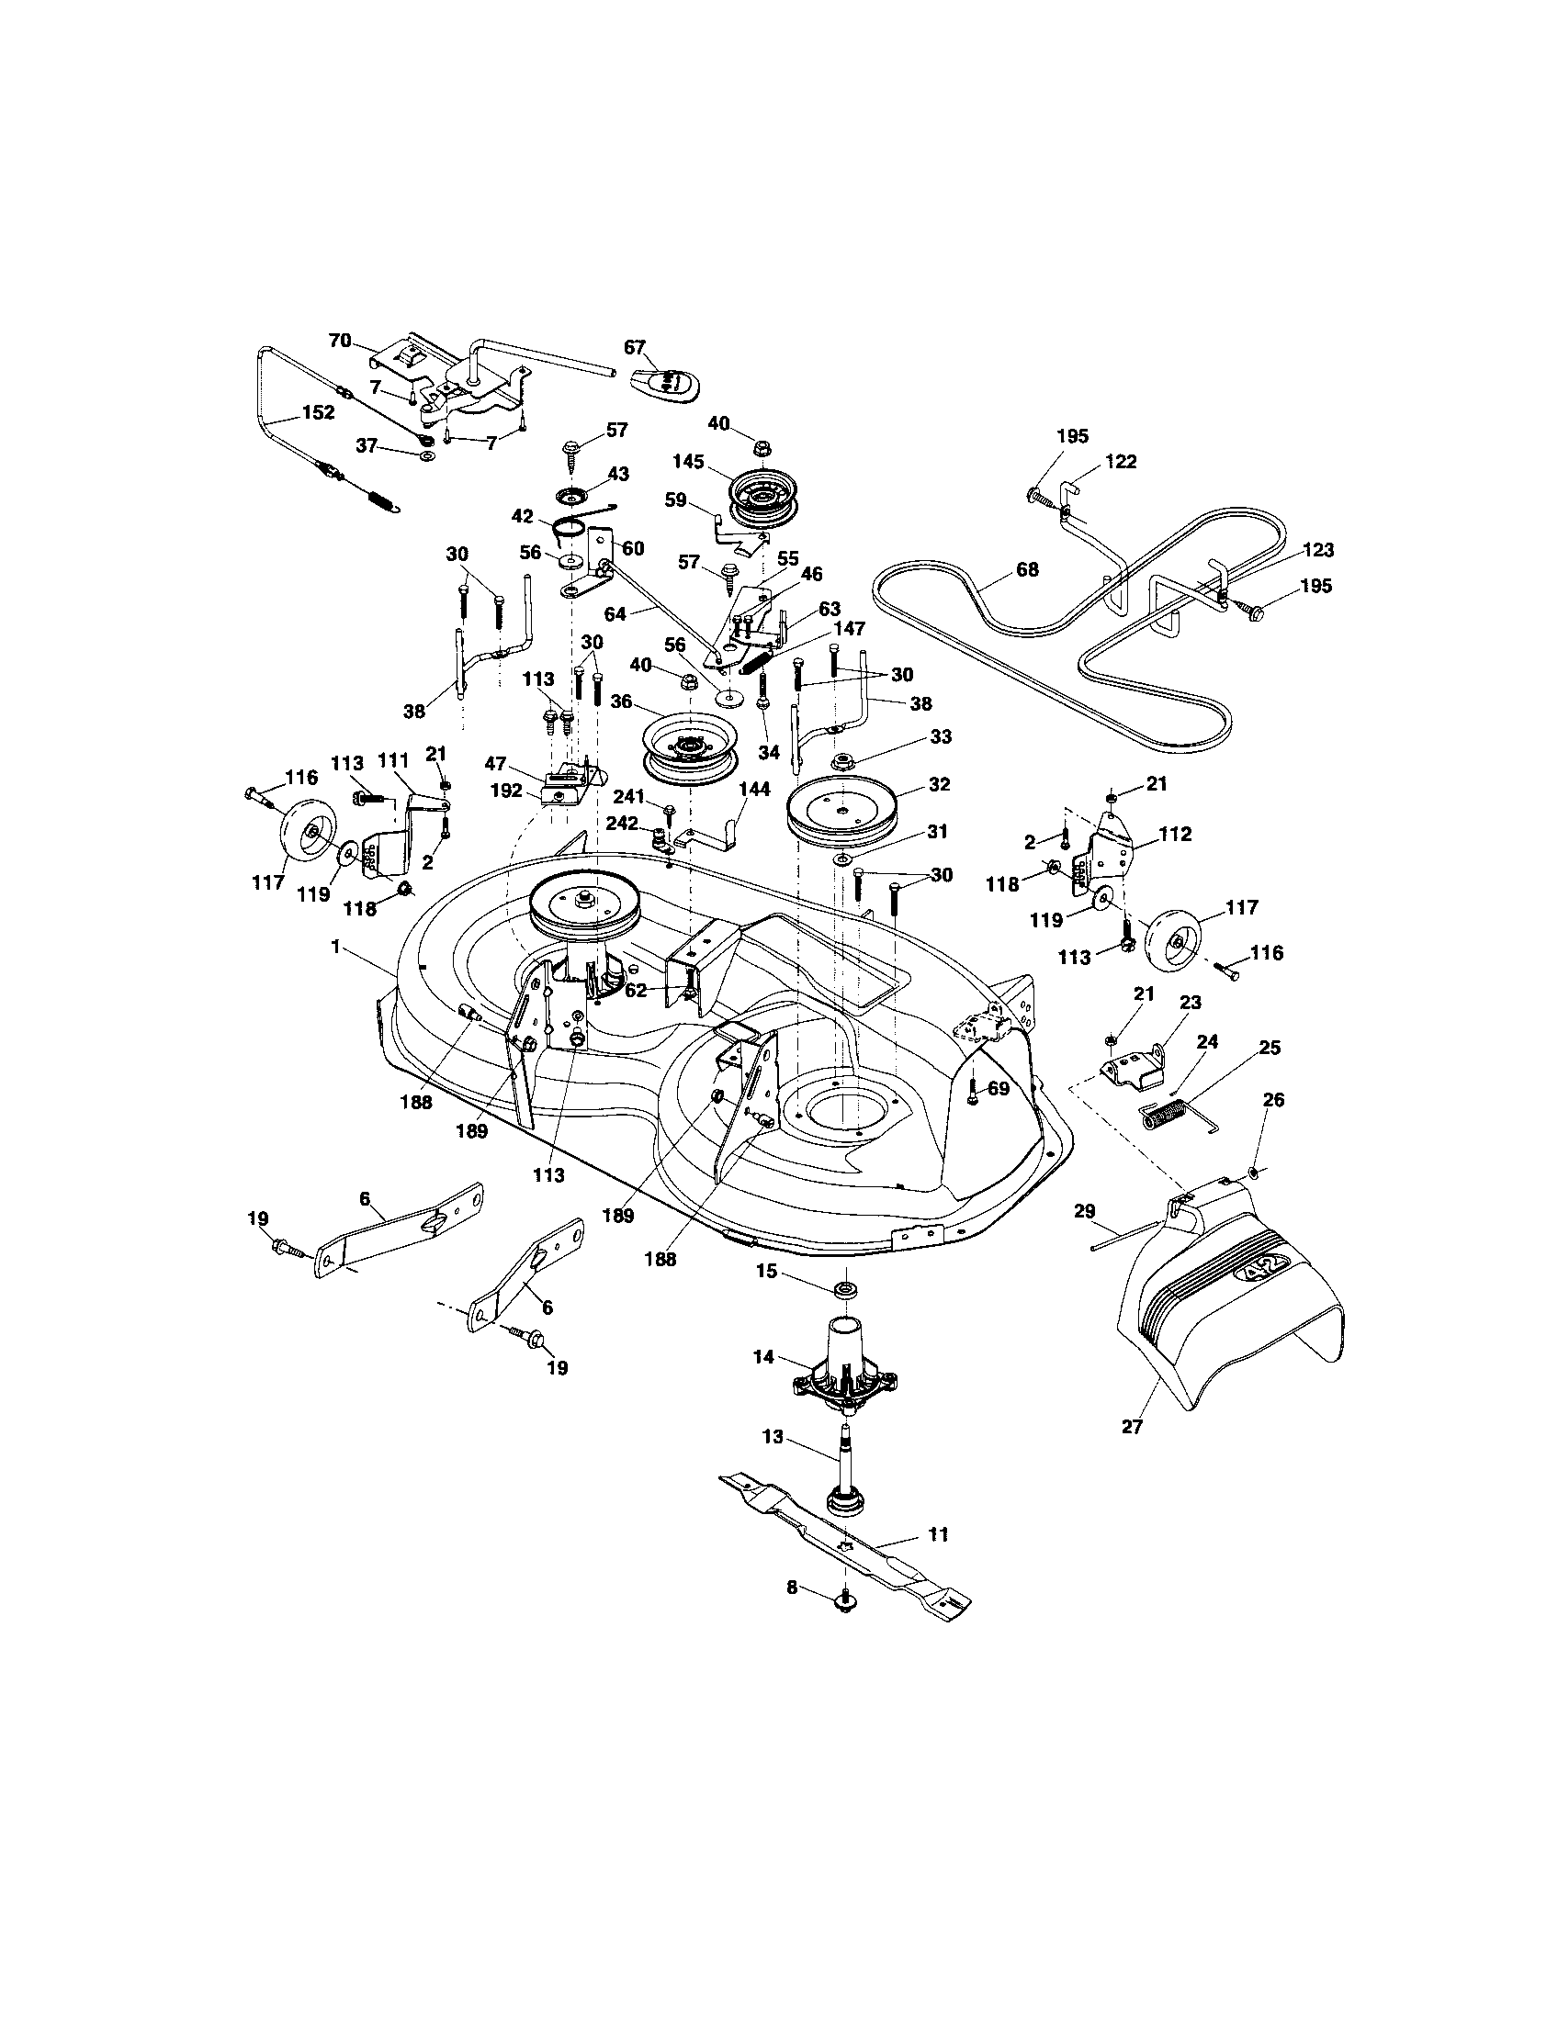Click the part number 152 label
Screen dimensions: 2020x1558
pos(318,413)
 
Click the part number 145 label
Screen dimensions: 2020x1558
pos(689,461)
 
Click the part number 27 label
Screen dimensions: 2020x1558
pos(1133,1426)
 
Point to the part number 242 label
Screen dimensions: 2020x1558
pos(621,825)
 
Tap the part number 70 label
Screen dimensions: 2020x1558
pos(341,341)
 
